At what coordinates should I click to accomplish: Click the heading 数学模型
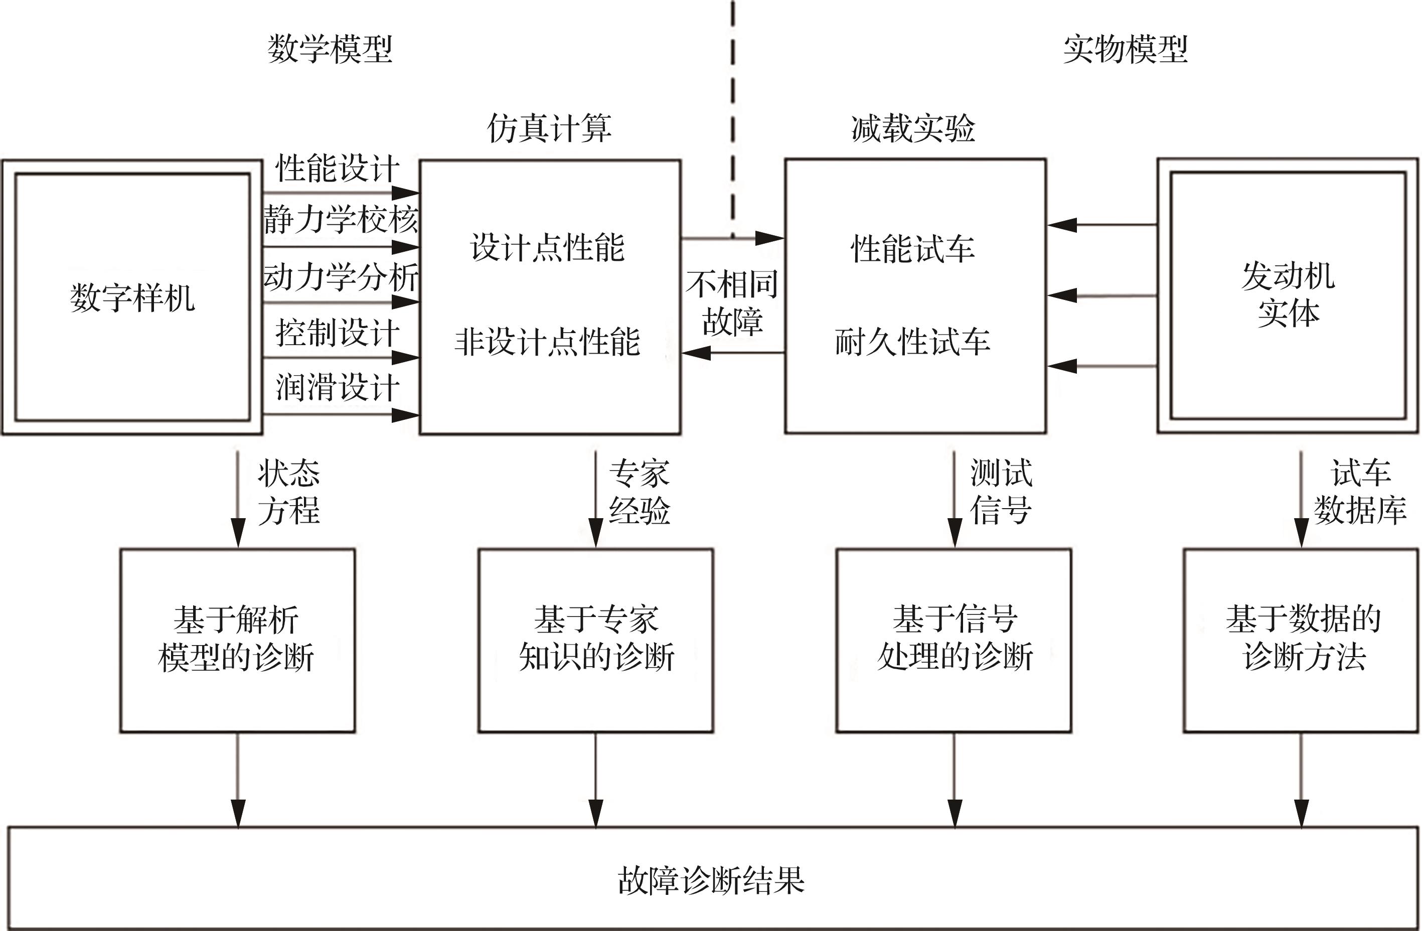pyautogui.click(x=330, y=49)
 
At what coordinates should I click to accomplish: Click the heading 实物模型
pyautogui.click(x=1125, y=49)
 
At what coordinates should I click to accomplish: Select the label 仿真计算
pyautogui.click(x=549, y=128)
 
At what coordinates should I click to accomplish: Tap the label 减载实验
pyautogui.click(x=913, y=128)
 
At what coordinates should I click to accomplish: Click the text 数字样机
pyautogui.click(x=132, y=297)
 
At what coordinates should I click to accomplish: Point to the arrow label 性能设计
pyautogui.click(x=338, y=168)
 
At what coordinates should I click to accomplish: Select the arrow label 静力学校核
pyautogui.click(x=341, y=219)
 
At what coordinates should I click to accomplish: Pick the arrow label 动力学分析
pyautogui.click(x=341, y=277)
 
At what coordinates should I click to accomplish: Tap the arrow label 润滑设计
pyautogui.click(x=338, y=387)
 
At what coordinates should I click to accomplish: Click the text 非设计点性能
pyautogui.click(x=547, y=342)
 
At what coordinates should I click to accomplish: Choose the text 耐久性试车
pyautogui.click(x=912, y=342)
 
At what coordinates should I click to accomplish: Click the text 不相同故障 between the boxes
pyautogui.click(x=732, y=302)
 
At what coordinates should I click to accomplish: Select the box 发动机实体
pyautogui.click(x=1288, y=295)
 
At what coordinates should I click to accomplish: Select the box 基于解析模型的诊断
pyautogui.click(x=237, y=640)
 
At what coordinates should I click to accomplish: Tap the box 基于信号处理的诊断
pyautogui.click(x=954, y=640)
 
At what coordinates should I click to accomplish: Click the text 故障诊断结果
pyautogui.click(x=711, y=880)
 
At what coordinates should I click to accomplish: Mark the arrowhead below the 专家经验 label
pyautogui.click(x=596, y=533)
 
